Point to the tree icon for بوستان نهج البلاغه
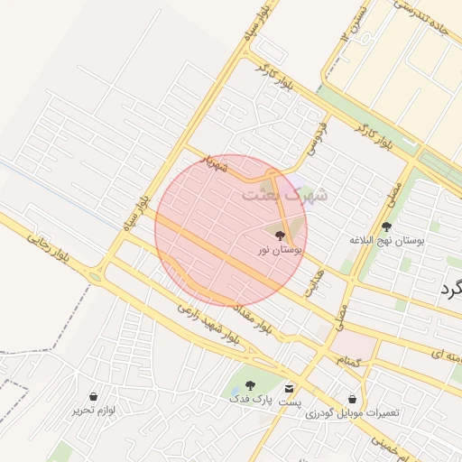point(387,227)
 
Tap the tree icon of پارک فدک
point(250,385)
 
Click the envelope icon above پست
point(289,388)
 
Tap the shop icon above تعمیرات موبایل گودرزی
point(352,399)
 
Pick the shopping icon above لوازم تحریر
point(94,396)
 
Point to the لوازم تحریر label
point(95,410)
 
